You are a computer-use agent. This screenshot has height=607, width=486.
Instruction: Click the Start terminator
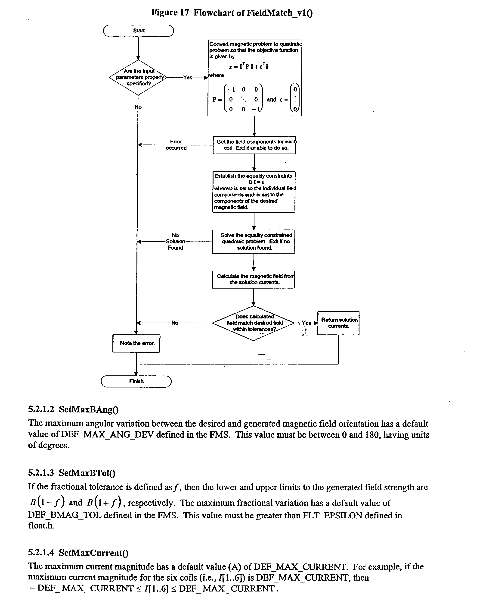(138, 31)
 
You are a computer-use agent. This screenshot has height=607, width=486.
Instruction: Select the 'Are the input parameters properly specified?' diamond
(138, 77)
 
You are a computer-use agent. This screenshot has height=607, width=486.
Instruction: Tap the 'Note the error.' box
(136, 343)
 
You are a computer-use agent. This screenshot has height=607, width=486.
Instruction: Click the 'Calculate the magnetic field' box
(254, 279)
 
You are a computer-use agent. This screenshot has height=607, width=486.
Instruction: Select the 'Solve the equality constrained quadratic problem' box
(254, 242)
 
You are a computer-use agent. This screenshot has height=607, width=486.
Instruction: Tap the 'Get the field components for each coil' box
(254, 145)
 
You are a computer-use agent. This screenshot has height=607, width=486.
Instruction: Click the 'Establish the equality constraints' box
(254, 192)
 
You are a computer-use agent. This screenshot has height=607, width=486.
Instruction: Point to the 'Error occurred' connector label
(176, 145)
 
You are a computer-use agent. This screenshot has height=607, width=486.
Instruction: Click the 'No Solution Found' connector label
(175, 242)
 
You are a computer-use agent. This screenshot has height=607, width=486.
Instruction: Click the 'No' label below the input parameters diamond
(138, 107)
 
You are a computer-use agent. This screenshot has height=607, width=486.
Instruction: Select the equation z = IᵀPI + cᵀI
(249, 67)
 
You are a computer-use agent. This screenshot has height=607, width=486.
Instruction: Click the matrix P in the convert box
(238, 99)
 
